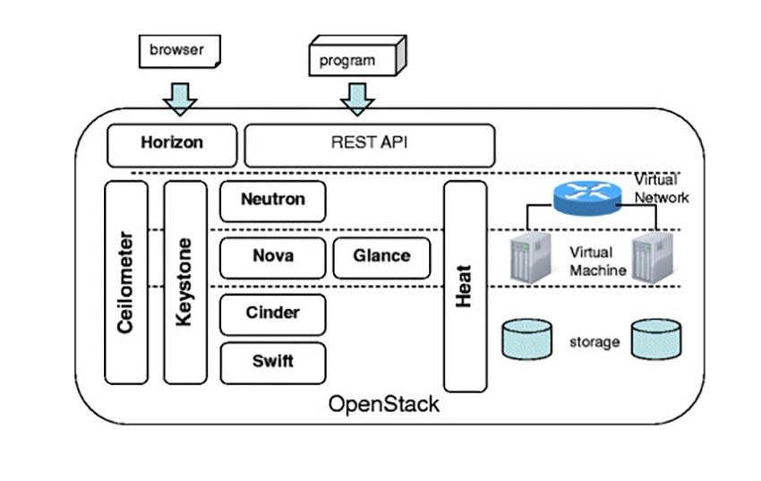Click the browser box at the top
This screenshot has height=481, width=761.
coord(178,50)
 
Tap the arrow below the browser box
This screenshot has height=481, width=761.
coord(182,98)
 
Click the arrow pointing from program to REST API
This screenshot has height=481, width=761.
coord(357,98)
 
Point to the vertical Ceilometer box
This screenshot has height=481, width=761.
coord(125,282)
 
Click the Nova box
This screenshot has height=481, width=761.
coord(272,257)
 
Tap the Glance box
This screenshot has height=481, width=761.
coord(380,257)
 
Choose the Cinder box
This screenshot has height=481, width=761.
coord(272,314)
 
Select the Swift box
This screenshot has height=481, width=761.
coord(272,363)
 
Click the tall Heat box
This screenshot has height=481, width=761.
coord(465,287)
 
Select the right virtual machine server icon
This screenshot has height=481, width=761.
coord(650,258)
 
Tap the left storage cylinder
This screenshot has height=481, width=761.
coord(526,339)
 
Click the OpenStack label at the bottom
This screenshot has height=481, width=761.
coord(384,404)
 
